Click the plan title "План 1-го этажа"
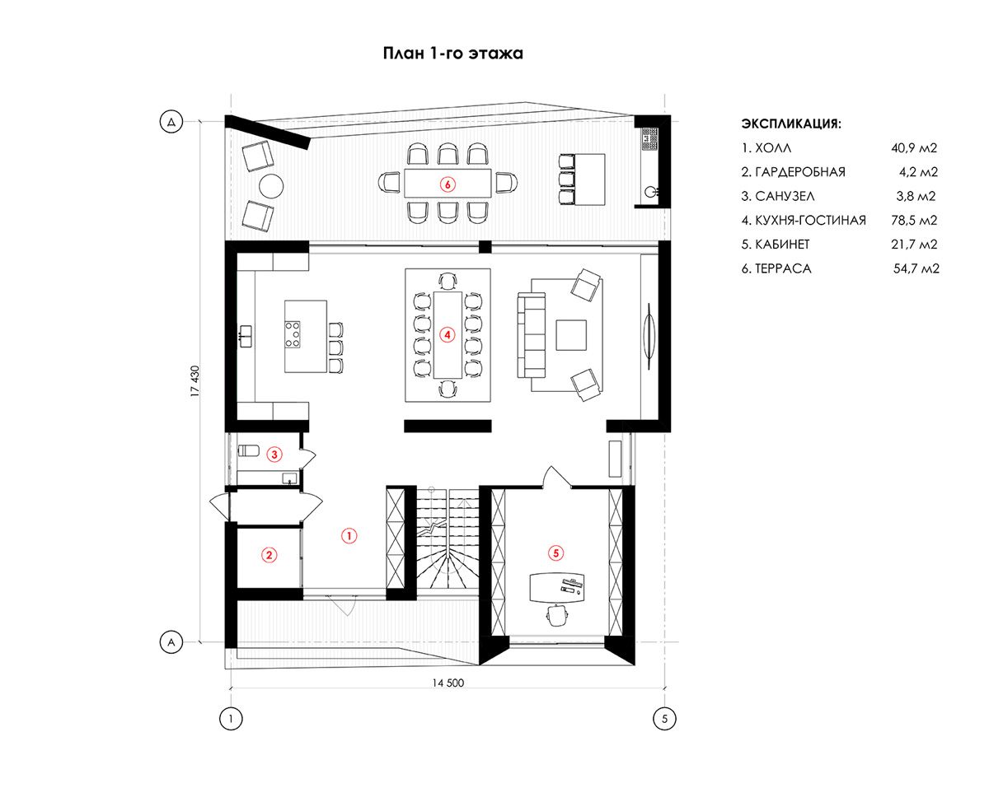tap(452, 54)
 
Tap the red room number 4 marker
tap(448, 335)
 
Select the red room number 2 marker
tap(269, 555)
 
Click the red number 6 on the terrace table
tap(448, 184)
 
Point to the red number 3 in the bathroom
tap(274, 455)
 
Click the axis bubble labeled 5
tap(664, 718)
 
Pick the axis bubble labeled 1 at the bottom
tap(231, 718)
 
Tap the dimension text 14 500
tap(448, 683)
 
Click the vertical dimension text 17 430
tap(195, 380)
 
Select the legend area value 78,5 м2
tap(914, 221)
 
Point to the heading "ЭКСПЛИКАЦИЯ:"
tap(791, 124)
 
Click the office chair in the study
tap(556, 615)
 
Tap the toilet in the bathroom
tap(249, 450)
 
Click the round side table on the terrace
tap(271, 185)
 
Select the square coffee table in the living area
tap(571, 335)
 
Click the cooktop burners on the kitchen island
tap(293, 333)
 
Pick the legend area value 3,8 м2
tap(916, 196)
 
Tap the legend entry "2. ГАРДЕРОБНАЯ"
tap(793, 172)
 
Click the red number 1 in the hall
tap(349, 535)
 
